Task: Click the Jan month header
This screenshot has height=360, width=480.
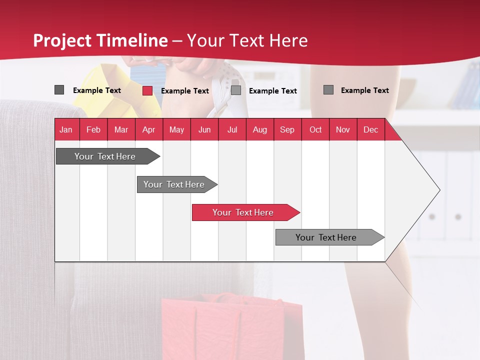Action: coord(66,129)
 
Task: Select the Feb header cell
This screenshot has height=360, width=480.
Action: coord(93,129)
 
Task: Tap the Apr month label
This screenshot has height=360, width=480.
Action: coord(148,129)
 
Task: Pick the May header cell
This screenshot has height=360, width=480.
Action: coord(176,129)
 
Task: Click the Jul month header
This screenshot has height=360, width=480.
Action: coord(232,129)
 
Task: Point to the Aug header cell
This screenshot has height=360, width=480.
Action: coord(259,129)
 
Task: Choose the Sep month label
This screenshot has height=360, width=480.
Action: coord(287,129)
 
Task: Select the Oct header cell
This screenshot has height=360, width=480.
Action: coord(315,129)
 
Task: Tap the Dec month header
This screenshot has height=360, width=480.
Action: coord(370,129)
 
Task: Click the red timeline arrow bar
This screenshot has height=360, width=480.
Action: coord(245,212)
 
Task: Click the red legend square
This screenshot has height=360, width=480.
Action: coord(147,90)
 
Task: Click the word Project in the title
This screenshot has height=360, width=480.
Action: coord(63,40)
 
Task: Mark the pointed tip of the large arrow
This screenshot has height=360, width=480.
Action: coord(439,190)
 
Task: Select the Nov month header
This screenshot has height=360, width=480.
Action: coord(342,129)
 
